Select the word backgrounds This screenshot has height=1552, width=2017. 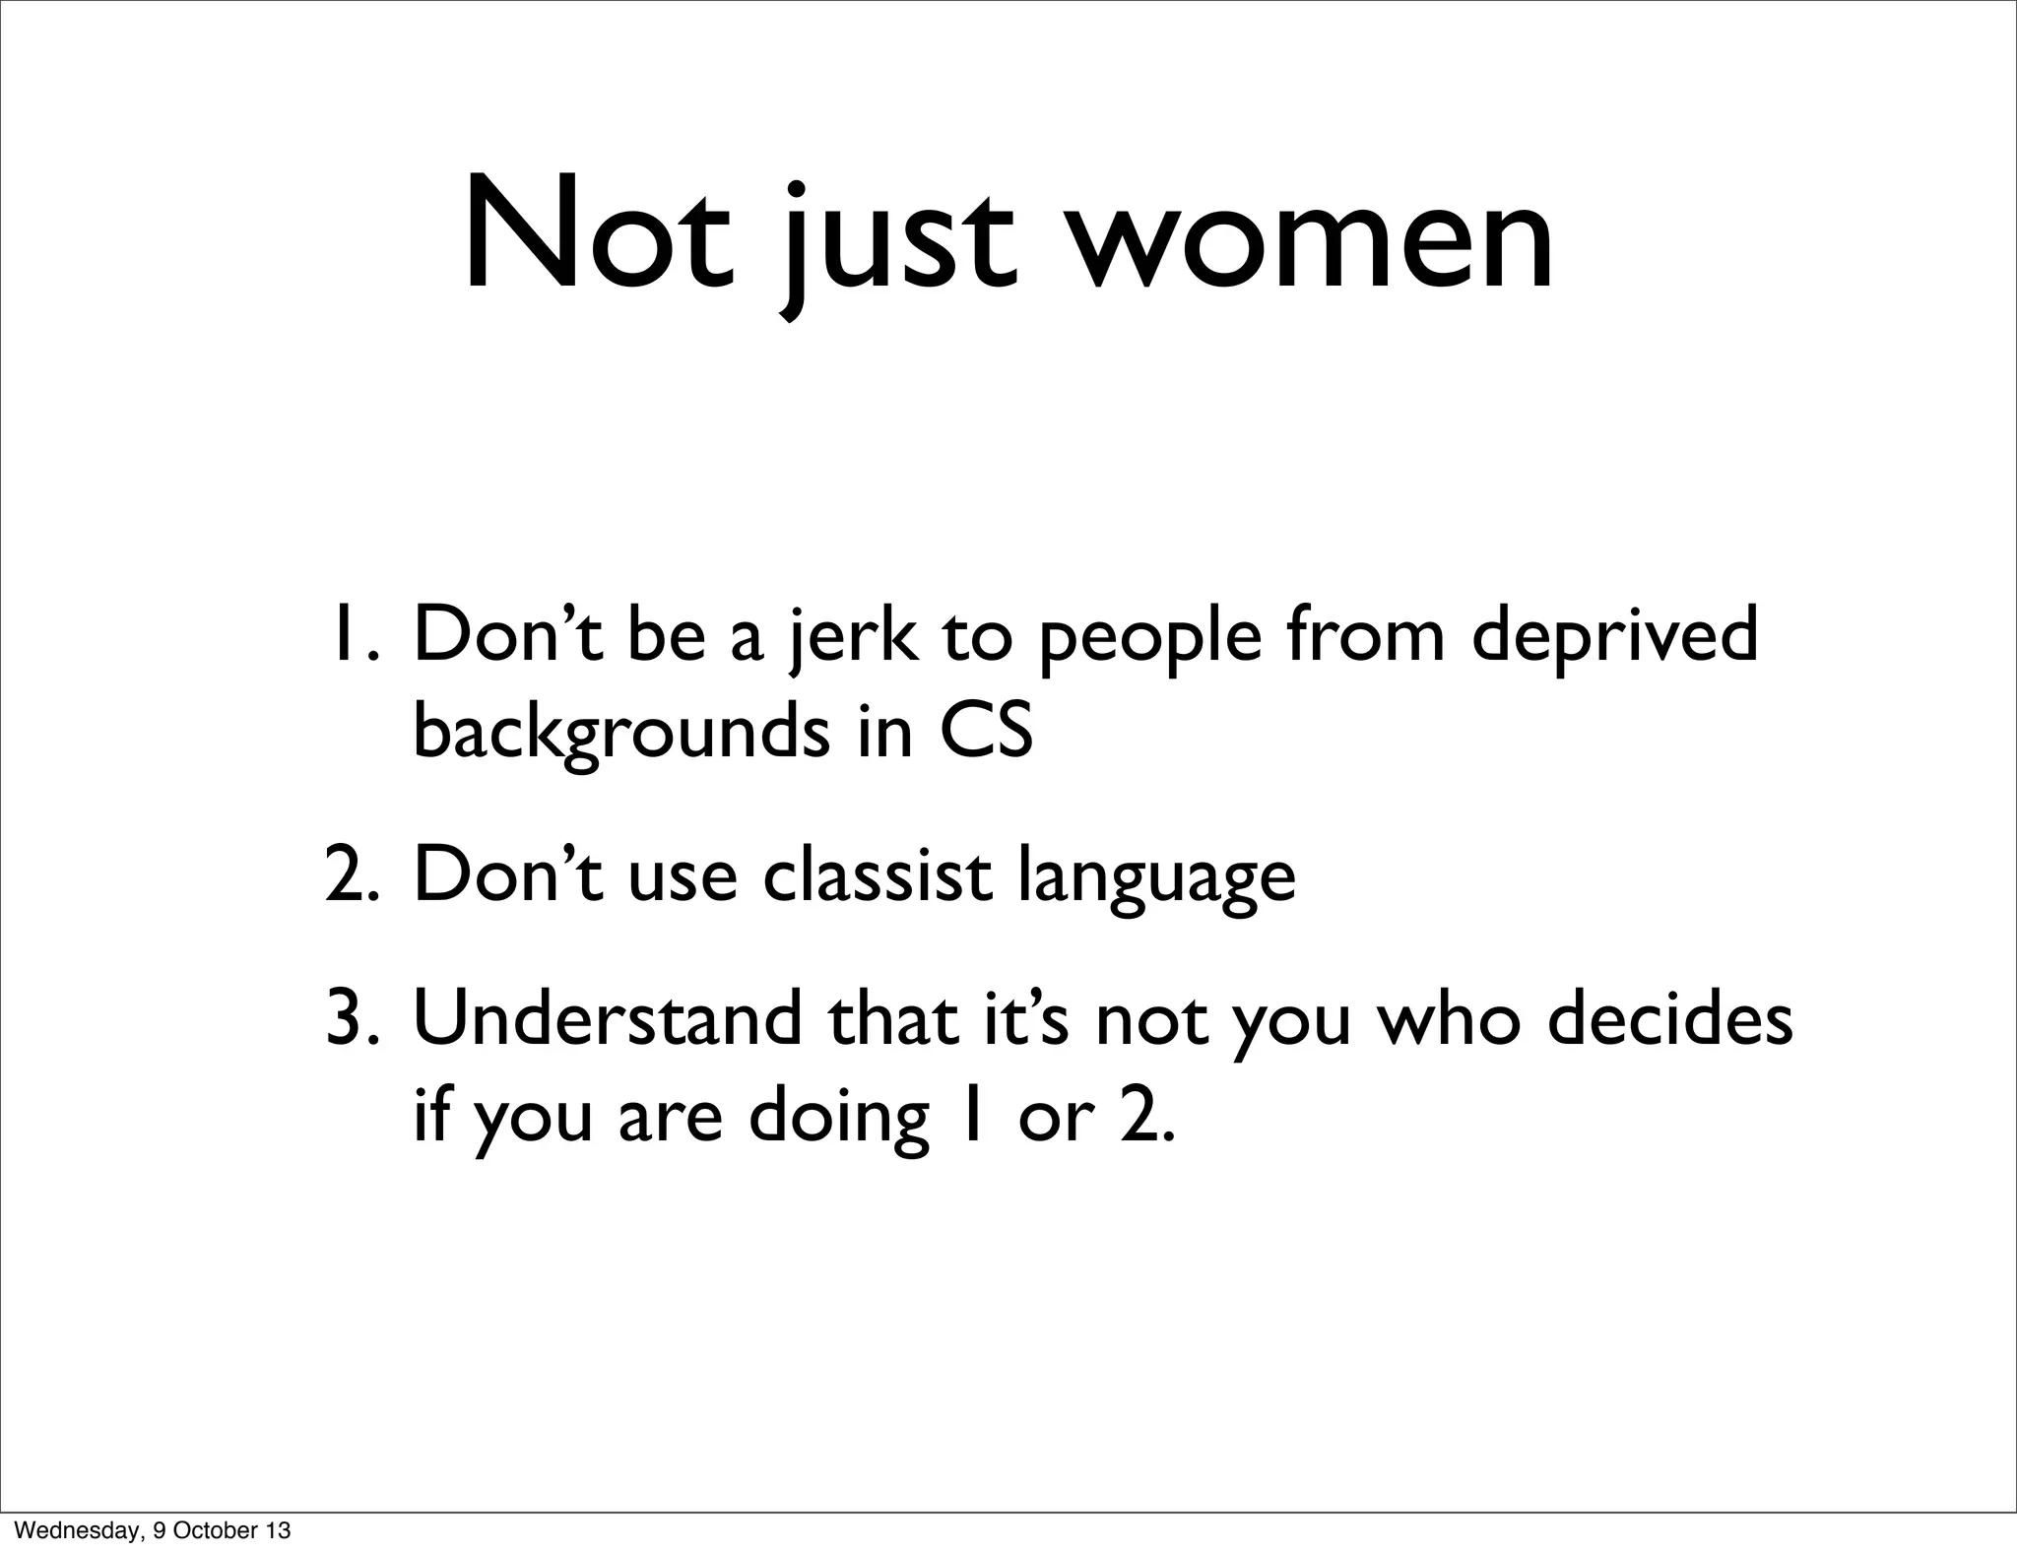(621, 734)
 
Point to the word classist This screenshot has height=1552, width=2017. (877, 874)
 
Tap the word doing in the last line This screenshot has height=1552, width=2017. (839, 1120)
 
